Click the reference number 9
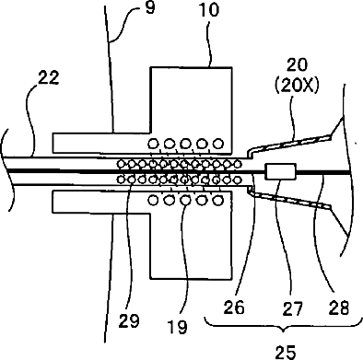point(150,7)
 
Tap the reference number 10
point(209,10)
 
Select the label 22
point(48,77)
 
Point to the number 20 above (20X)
point(297,64)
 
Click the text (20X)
point(297,87)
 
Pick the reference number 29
point(129,321)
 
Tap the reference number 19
point(178,327)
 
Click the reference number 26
point(234,308)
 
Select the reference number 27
point(292,308)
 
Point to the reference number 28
point(339,308)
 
